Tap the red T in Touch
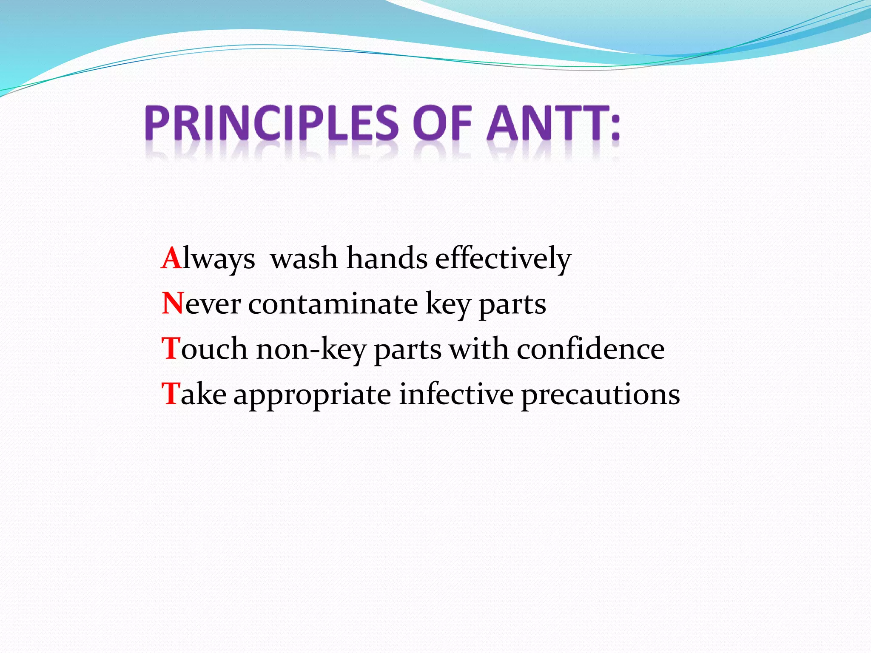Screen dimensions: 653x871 coord(171,349)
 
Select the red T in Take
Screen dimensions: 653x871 coord(171,394)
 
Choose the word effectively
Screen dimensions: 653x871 coord(503,259)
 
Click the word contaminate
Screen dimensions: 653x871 coord(333,304)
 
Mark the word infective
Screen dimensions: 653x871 coord(456,394)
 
